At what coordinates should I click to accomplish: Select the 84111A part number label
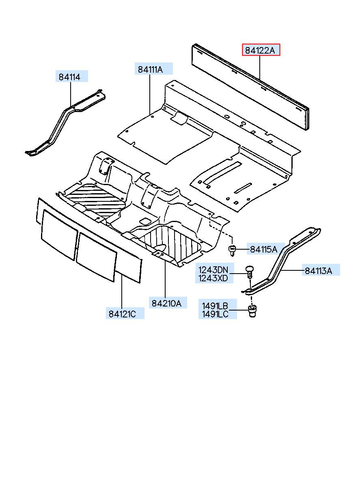tap(150, 69)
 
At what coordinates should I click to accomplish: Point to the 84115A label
tap(263, 249)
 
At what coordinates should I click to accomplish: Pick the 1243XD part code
tap(213, 278)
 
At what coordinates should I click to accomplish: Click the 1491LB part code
tap(213, 306)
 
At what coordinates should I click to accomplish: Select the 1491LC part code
tap(213, 314)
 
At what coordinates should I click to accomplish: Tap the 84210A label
tap(166, 302)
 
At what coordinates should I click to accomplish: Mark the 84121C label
tap(122, 313)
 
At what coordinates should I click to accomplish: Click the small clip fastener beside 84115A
tap(233, 250)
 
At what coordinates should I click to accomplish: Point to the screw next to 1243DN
tap(250, 271)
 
